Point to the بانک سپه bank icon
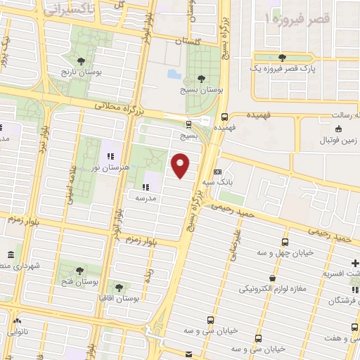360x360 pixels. (x=217, y=172)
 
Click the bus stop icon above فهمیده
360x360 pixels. (x=224, y=117)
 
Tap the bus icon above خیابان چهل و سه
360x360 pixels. (x=285, y=241)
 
